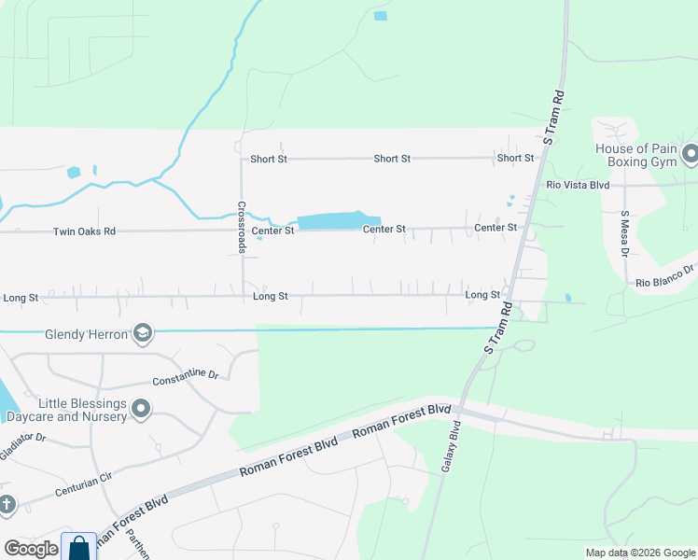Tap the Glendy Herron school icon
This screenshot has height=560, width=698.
click(142, 333)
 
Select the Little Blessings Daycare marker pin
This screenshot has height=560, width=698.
click(141, 409)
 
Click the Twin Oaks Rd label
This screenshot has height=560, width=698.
click(84, 231)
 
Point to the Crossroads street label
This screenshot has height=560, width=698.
click(241, 227)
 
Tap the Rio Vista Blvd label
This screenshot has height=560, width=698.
click(578, 186)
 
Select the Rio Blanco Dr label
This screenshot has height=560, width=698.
click(666, 276)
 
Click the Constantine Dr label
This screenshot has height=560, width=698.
click(185, 378)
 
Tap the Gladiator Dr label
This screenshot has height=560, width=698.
click(22, 438)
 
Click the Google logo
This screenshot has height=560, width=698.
click(31, 549)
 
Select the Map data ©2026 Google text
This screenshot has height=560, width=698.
click(639, 553)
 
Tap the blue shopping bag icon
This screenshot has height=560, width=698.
click(78, 546)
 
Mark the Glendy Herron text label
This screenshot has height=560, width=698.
click(85, 334)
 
